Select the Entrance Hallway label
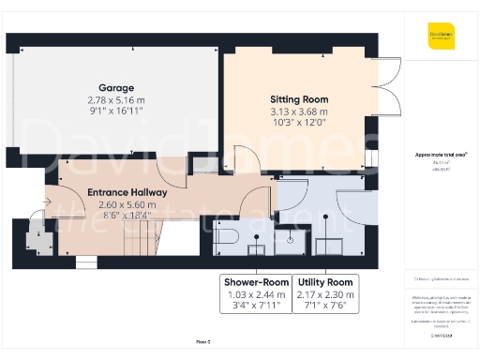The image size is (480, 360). (x=127, y=192)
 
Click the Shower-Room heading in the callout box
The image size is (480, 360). (x=255, y=282)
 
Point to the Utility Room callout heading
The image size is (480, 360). (x=324, y=282)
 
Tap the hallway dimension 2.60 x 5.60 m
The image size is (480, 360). (x=127, y=204)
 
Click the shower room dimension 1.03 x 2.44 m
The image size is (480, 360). (x=255, y=294)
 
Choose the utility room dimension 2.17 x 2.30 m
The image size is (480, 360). (x=324, y=294)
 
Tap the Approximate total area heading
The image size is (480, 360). (x=441, y=154)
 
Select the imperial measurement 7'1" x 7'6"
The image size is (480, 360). (x=324, y=307)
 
